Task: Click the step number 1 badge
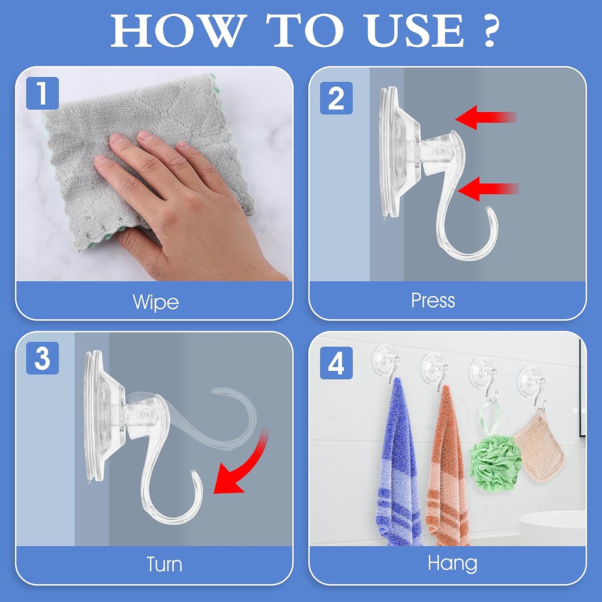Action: [x=42, y=93]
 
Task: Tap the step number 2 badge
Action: [x=336, y=98]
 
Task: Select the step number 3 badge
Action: [x=42, y=358]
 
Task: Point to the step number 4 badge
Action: [x=336, y=363]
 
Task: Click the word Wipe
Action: [x=155, y=302]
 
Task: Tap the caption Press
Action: [x=433, y=300]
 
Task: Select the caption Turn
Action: [x=164, y=565]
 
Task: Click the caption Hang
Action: [x=452, y=563]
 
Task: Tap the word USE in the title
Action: [x=415, y=31]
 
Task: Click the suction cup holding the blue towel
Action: [x=386, y=357]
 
